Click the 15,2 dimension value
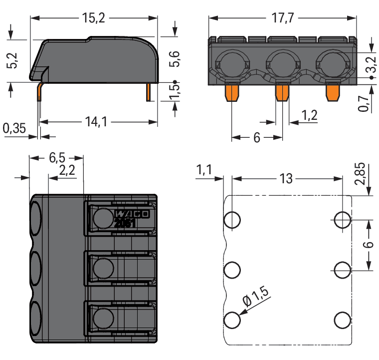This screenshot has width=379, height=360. point(93,18)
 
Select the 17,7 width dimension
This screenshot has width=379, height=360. point(282,18)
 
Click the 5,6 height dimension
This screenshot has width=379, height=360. point(175,59)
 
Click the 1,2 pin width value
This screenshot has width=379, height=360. point(309,116)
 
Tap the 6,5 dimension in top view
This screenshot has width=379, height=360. point(57,158)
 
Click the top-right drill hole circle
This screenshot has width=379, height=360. point(342,220)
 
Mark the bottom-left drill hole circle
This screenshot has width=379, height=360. point(232,320)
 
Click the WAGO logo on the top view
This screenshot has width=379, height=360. point(132,214)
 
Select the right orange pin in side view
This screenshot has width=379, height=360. point(149,92)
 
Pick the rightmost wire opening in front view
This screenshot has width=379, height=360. point(332,64)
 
